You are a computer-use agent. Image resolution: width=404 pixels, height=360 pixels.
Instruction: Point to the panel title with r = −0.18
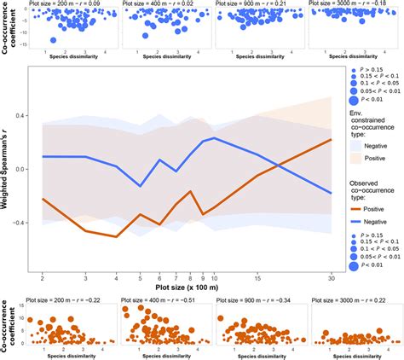351,5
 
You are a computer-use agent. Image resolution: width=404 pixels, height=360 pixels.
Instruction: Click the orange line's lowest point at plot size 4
115,236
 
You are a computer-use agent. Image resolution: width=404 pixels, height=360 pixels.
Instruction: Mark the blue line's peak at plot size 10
214,137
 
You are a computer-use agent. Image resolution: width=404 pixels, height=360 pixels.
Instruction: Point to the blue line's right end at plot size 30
330,194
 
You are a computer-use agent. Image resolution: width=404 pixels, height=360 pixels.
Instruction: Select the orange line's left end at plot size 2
43,199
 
